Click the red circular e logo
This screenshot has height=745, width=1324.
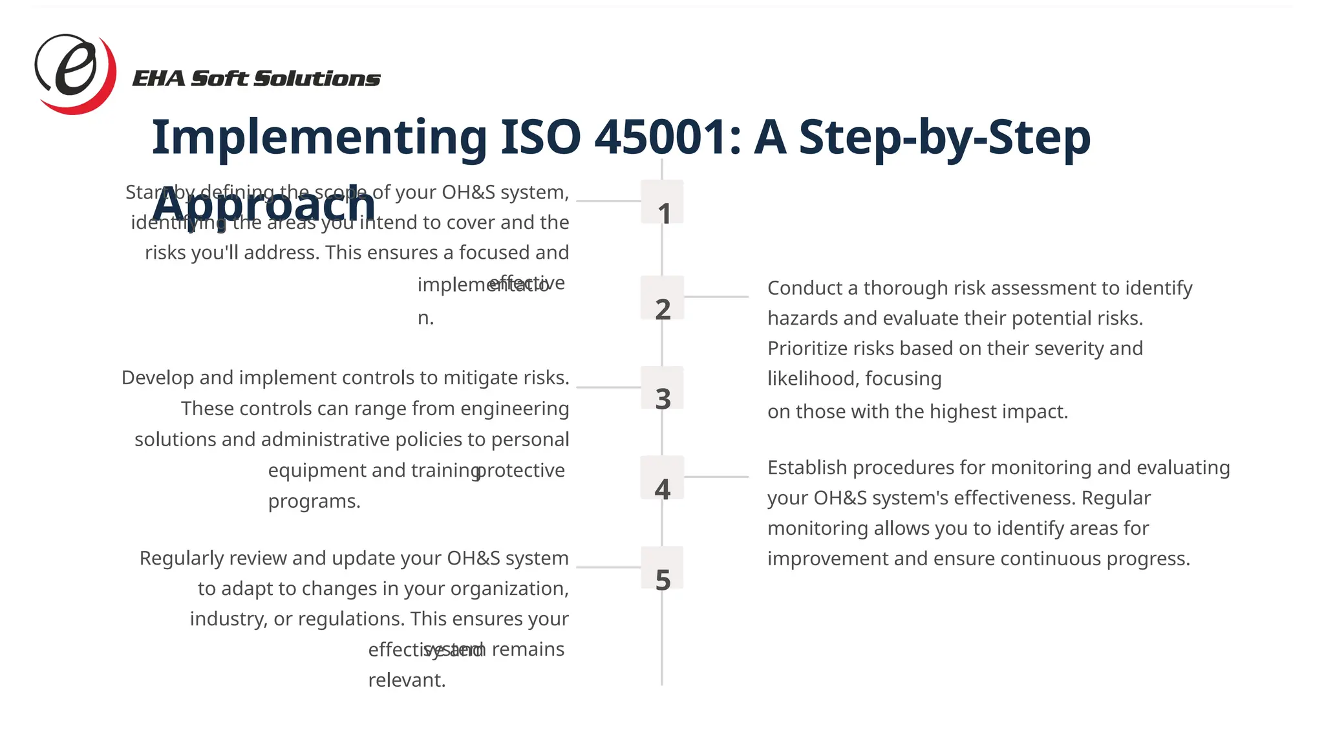pos(75,73)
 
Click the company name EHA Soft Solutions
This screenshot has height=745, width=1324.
pos(256,79)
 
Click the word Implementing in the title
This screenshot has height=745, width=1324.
pos(319,137)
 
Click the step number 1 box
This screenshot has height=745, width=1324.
pos(663,202)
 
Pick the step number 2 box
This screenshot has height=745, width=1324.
pos(663,298)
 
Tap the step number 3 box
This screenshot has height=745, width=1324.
pos(663,388)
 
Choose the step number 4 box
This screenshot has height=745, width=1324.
pos(663,478)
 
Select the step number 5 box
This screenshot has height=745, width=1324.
pos(663,568)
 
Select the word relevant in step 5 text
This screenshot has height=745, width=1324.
pos(407,680)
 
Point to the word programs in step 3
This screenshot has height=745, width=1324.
pos(314,501)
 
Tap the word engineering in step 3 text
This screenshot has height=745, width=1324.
pos(515,409)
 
